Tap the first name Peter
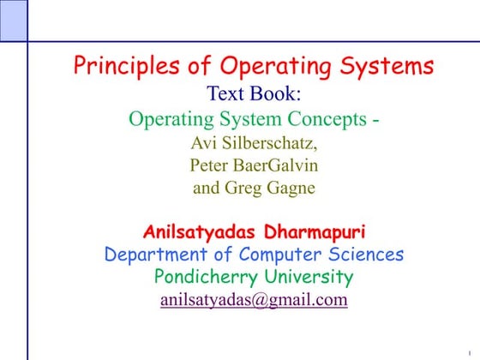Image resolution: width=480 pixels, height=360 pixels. [x=211, y=165]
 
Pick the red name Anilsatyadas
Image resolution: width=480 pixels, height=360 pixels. [x=196, y=231]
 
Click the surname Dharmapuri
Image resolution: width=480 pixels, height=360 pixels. [x=312, y=231]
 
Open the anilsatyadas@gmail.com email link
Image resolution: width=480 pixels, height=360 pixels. [x=254, y=300]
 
